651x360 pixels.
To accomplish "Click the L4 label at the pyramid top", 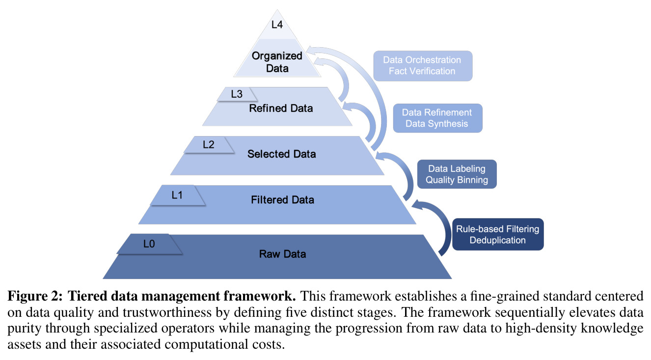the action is (x=277, y=25).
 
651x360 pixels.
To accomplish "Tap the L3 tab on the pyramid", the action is (x=237, y=94).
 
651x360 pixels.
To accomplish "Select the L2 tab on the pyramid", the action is (x=209, y=144).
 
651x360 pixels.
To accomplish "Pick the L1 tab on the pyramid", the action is (x=177, y=195).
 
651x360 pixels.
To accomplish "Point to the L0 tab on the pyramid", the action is (x=149, y=244).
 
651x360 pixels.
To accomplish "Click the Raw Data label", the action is (x=282, y=254).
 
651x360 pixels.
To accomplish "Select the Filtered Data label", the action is (x=282, y=200).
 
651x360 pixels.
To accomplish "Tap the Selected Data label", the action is (x=281, y=154).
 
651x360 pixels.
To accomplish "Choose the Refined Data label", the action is (x=281, y=108).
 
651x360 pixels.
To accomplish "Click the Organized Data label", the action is (x=277, y=62).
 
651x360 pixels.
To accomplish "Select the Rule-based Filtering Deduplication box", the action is (x=497, y=234).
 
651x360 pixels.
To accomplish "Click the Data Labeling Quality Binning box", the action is (x=457, y=174).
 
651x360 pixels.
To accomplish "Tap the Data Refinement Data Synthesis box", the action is (x=437, y=118).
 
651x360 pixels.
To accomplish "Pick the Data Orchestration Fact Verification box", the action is (x=423, y=66).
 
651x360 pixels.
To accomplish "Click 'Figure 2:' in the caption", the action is (x=35, y=296).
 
